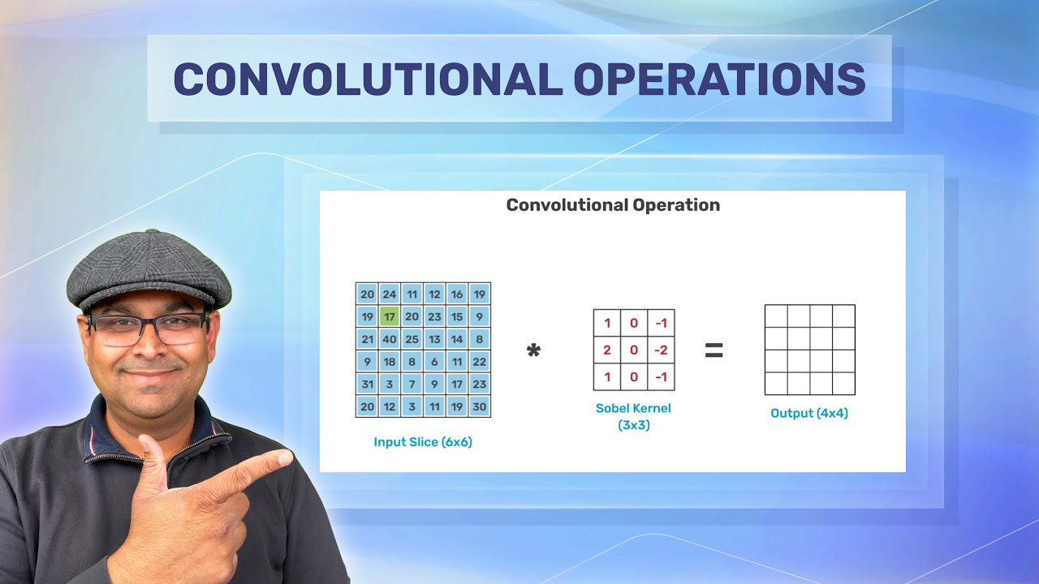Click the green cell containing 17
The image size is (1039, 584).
[x=390, y=316]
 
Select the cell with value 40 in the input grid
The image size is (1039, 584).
[x=390, y=339]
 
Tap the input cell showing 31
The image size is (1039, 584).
[x=368, y=384]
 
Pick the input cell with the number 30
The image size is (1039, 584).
[x=479, y=406]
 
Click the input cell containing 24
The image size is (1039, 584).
[x=390, y=294]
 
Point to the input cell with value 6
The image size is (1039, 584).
[x=434, y=362]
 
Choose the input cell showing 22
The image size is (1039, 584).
[x=479, y=362]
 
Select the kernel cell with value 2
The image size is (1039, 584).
[x=607, y=350]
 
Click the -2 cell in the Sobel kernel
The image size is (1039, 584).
[x=662, y=350]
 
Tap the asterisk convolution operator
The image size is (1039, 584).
[x=533, y=352]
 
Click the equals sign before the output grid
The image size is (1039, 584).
[x=714, y=350]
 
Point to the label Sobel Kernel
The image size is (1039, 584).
[x=633, y=408]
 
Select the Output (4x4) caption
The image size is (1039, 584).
[x=809, y=414]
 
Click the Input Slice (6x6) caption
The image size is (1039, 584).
[x=423, y=442]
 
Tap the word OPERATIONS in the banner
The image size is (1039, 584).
[x=719, y=79]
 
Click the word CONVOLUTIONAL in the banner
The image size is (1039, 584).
[x=368, y=79]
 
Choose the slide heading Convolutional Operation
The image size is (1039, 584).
[x=613, y=205]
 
